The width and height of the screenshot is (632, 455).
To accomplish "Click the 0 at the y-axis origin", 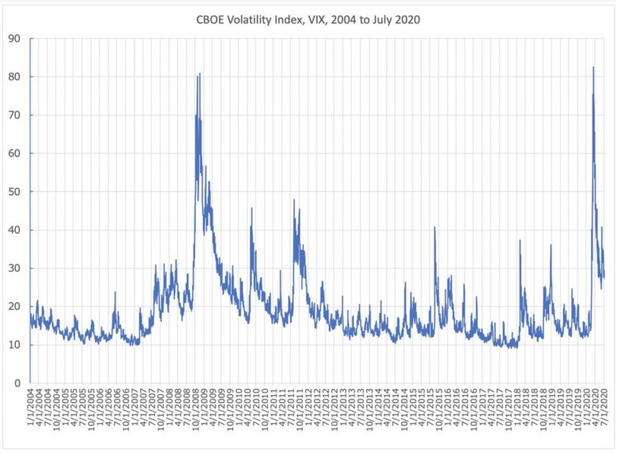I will tap(18, 383).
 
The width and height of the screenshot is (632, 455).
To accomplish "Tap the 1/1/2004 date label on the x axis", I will tap(31, 410).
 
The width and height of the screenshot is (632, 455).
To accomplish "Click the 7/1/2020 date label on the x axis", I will tap(604, 410).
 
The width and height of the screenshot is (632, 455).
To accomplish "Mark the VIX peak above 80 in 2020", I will tap(593, 67).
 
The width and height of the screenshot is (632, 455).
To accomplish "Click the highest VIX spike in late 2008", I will tap(200, 73).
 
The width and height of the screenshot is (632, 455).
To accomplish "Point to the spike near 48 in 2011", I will tap(294, 200).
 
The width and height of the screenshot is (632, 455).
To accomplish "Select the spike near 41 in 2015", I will tap(434, 227).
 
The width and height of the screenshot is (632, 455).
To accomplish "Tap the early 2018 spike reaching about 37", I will tap(520, 240).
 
